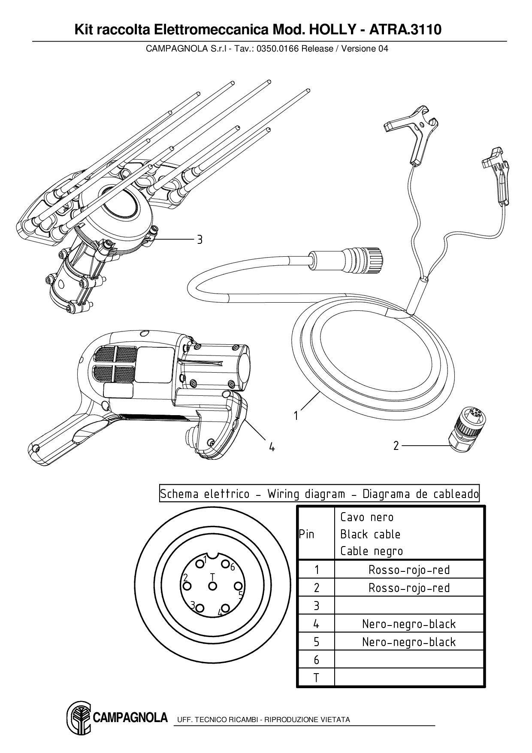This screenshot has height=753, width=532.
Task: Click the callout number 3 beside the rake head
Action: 199,240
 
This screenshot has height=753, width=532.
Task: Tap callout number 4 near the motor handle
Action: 272,447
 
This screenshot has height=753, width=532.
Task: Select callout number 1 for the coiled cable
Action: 296,416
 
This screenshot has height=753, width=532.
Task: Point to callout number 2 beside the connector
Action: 396,446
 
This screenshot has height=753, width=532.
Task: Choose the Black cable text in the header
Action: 370,534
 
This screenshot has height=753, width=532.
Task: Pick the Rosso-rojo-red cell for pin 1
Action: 409,570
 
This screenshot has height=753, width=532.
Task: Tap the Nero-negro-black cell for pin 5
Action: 409,642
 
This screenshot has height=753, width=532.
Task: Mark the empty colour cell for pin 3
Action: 409,606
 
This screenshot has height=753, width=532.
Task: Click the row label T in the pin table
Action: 316,678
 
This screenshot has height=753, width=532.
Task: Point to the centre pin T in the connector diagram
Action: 212,586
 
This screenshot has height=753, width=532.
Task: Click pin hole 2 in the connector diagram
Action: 186,586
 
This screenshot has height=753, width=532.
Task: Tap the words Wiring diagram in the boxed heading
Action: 306,494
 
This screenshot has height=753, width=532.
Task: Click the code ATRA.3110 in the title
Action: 405,30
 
